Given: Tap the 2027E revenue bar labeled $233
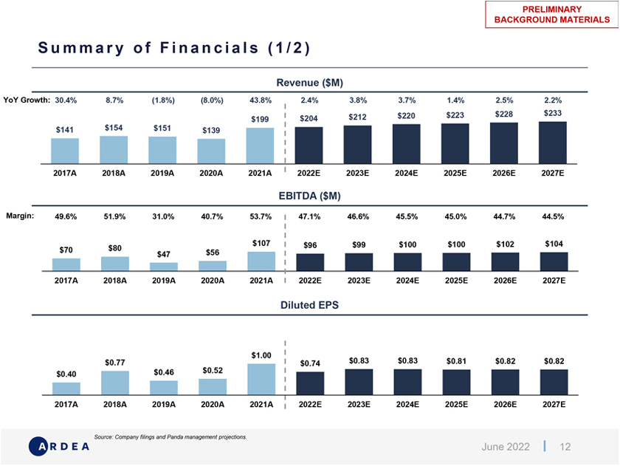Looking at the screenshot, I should click(553, 143).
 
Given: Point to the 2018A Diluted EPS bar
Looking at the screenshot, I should click(114, 383).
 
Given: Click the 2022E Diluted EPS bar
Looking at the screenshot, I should click(309, 383).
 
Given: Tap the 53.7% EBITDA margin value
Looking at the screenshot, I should click(261, 217).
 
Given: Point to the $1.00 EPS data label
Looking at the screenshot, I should click(261, 355).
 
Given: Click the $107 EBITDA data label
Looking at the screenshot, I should click(261, 243).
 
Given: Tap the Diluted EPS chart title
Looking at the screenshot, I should click(310, 304).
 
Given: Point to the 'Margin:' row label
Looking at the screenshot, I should click(21, 216).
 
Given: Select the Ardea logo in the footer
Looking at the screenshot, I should click(60, 446).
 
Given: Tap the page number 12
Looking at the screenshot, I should click(566, 447).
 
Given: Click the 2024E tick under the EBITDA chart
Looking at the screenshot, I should click(407, 281).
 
